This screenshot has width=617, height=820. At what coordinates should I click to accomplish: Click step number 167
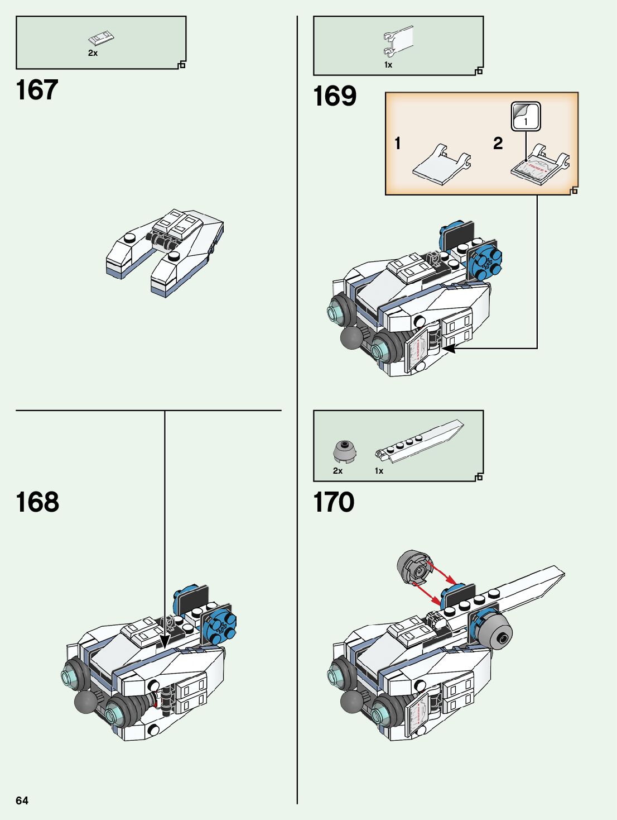(37, 90)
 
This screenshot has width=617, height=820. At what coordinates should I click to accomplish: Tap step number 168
(37, 502)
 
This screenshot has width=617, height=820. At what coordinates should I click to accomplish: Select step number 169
(335, 96)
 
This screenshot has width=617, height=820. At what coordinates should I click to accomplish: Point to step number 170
(334, 502)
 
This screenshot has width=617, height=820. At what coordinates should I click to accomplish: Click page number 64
(22, 800)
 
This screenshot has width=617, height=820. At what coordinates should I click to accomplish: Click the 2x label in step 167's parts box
(93, 53)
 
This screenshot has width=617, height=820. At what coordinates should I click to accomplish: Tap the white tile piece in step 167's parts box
(101, 39)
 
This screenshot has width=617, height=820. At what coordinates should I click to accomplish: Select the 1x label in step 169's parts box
(388, 65)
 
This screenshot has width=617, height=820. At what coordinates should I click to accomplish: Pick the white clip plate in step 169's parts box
(398, 42)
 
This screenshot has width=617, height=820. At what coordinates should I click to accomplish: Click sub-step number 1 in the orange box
(398, 144)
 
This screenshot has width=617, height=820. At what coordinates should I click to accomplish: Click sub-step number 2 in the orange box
(498, 144)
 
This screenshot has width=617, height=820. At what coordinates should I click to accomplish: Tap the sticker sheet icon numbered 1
(526, 116)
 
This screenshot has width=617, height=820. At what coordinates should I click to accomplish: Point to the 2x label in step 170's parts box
(338, 471)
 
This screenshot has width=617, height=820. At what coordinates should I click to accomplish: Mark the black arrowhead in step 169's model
(450, 349)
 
